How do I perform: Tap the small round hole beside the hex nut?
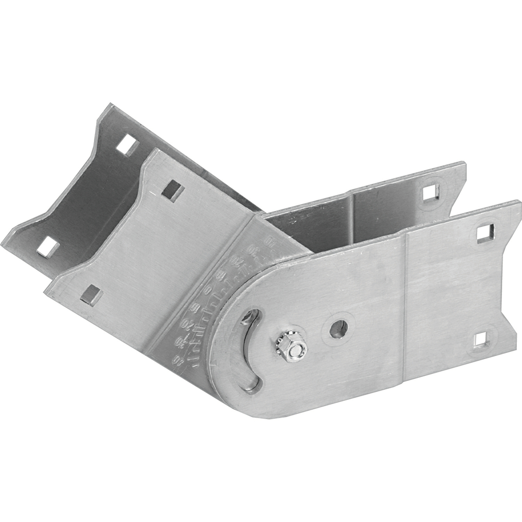338,328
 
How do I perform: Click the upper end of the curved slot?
251,316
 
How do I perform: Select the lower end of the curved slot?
252,385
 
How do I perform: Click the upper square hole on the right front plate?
485,233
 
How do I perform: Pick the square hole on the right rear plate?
429,193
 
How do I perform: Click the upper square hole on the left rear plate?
127,145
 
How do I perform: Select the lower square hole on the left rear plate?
48,247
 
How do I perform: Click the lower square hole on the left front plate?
91,295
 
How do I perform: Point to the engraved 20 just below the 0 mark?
194,308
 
